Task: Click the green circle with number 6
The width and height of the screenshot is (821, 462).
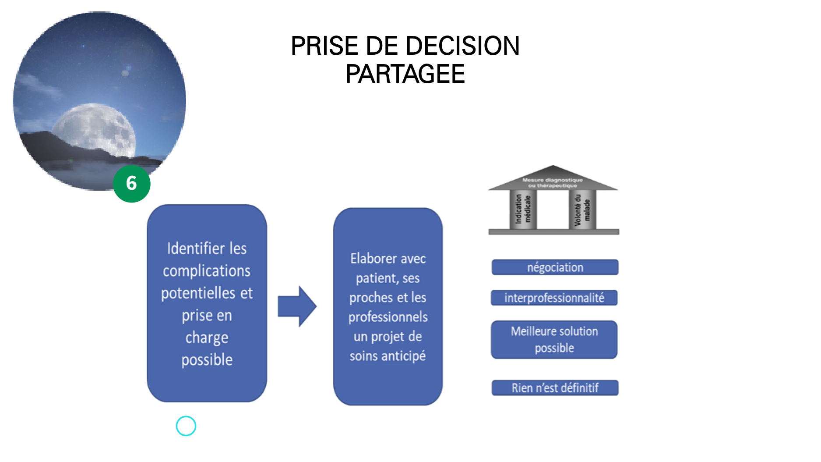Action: (131, 184)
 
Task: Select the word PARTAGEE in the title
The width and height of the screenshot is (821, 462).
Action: (405, 74)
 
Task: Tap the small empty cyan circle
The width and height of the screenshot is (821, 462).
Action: (186, 426)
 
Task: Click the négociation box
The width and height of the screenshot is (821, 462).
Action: (555, 267)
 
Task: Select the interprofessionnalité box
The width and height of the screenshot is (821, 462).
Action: (554, 298)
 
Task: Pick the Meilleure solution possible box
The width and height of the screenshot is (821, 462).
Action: (554, 340)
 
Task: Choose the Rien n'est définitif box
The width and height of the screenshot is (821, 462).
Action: (555, 388)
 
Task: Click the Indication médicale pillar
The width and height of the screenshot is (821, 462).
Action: (523, 209)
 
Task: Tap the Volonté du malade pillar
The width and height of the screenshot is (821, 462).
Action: (582, 210)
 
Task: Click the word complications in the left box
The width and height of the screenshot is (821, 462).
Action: (207, 271)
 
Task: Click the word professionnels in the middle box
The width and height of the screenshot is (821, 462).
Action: (388, 317)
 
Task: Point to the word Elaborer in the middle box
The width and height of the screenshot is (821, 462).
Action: (368, 259)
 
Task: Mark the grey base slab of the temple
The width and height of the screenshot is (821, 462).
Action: (553, 232)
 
